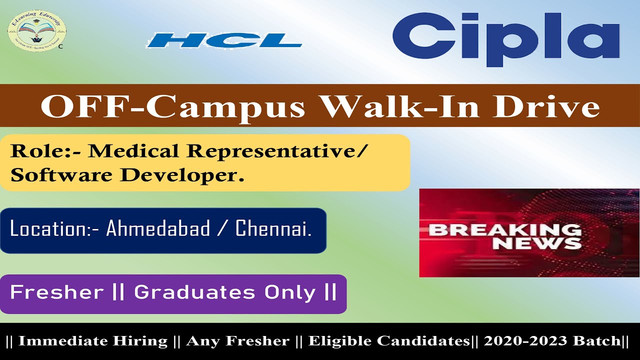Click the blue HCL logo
pyautogui.click(x=224, y=40)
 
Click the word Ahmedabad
pyautogui.click(x=158, y=229)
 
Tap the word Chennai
pyautogui.click(x=273, y=229)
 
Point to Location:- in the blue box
pyautogui.click(x=55, y=229)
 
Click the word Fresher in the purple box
pyautogui.click(x=56, y=292)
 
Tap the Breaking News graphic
pyautogui.click(x=529, y=232)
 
